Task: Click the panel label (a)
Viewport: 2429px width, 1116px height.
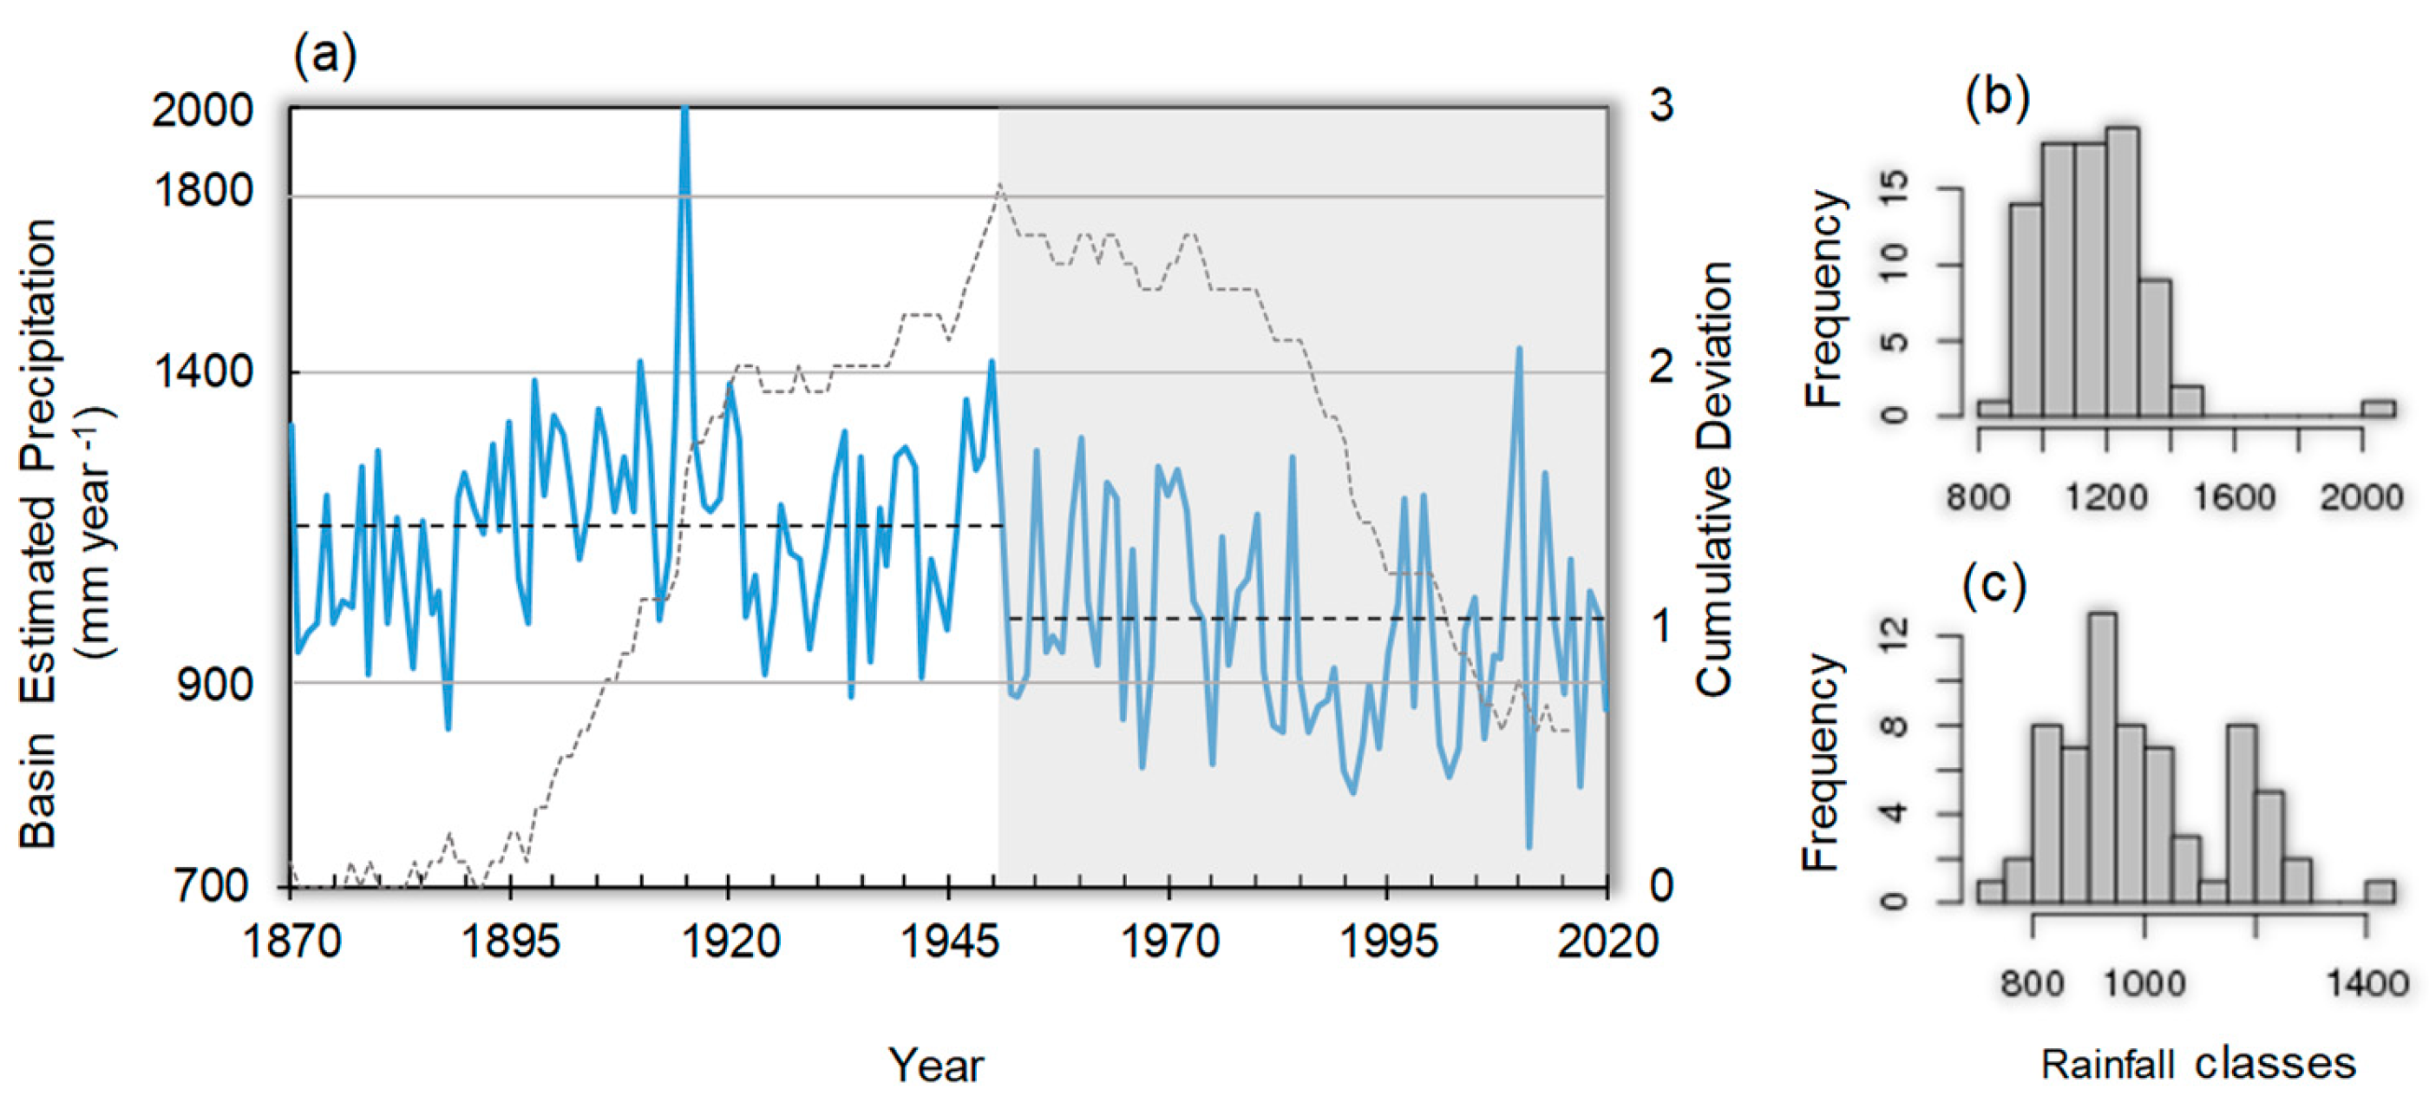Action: click(x=325, y=57)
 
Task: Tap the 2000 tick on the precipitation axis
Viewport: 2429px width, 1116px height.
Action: click(x=202, y=111)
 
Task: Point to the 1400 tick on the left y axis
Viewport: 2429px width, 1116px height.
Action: click(x=202, y=371)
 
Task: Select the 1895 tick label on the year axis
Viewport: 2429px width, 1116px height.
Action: click(x=509, y=942)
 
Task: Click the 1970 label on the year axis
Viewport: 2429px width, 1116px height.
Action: click(x=1169, y=942)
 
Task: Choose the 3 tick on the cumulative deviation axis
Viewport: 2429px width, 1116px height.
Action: click(x=1661, y=106)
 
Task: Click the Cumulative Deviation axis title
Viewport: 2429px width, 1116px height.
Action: click(x=1714, y=479)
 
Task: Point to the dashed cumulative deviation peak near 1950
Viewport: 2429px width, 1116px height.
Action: click(x=999, y=186)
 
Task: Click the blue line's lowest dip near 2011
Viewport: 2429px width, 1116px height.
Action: click(x=1529, y=844)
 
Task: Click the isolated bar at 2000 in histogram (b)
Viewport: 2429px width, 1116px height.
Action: click(x=2377, y=409)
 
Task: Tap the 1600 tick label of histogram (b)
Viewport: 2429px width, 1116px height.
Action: click(x=2234, y=497)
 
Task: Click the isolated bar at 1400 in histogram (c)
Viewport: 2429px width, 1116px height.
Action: click(x=2379, y=891)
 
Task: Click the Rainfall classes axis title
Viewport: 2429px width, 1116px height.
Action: click(x=2198, y=1064)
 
